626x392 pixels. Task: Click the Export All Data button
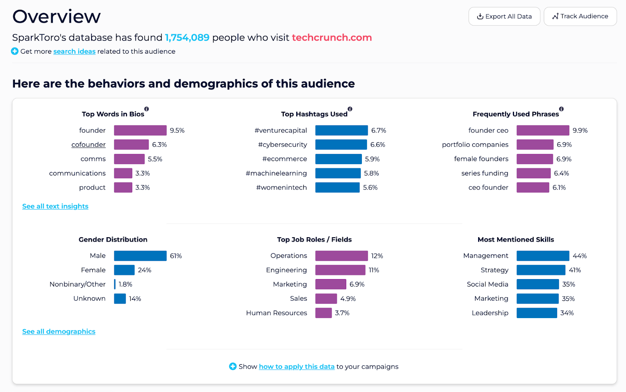504,16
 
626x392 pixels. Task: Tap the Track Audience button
580,16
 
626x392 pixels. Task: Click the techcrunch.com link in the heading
332,38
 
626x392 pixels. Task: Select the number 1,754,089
187,38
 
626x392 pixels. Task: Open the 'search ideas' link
74,52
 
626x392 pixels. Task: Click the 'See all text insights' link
55,206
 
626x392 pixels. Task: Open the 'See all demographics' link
59,331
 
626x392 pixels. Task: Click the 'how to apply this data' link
297,367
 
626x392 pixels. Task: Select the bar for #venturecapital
342,131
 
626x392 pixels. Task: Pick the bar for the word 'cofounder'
131,145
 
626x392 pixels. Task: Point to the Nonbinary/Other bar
115,284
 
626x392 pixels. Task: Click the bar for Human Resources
324,313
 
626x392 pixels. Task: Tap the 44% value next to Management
579,256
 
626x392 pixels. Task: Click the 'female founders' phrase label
481,159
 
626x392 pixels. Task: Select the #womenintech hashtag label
281,188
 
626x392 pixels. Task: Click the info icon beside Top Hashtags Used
350,109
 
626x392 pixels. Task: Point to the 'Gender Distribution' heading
113,240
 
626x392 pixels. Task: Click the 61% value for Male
176,256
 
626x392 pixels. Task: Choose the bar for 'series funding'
533,173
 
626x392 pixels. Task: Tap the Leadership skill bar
536,313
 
